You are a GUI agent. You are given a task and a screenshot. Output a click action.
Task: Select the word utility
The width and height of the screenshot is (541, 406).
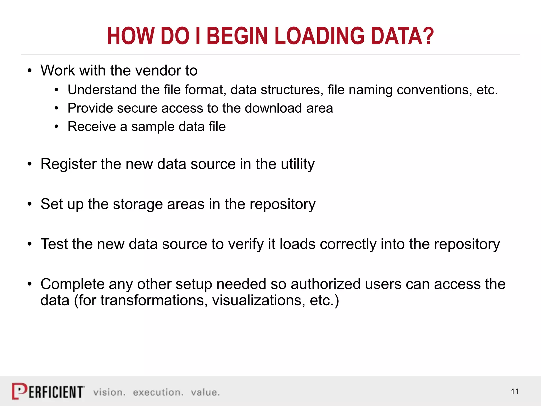298,164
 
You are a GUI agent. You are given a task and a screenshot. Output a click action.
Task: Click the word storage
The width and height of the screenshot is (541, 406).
138,204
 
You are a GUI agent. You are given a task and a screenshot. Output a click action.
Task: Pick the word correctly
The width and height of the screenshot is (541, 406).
348,244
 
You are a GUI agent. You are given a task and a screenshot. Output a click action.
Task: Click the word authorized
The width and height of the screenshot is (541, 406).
325,284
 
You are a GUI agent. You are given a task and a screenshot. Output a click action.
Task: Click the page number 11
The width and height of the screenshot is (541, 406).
515,392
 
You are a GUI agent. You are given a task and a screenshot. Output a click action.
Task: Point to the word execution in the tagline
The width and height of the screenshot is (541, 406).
158,393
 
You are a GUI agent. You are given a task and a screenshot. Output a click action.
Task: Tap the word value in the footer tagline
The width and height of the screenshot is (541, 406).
205,393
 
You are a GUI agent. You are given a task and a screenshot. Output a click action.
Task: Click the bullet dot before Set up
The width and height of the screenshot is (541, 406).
30,204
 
